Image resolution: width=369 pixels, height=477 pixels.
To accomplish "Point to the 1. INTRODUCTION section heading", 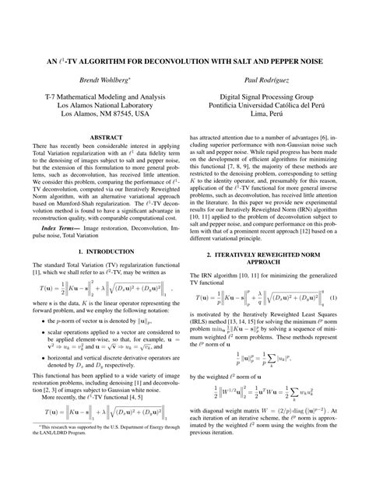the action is (97, 251).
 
